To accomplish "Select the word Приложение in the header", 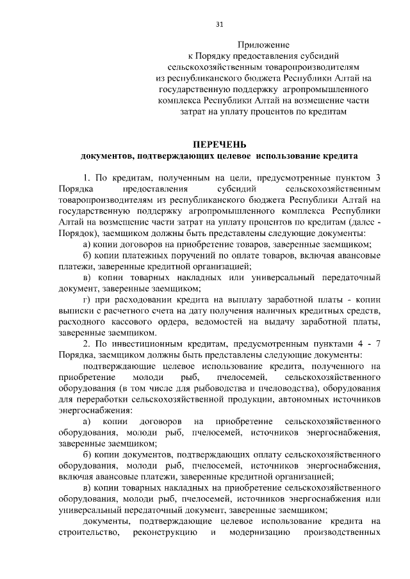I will [264, 45].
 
